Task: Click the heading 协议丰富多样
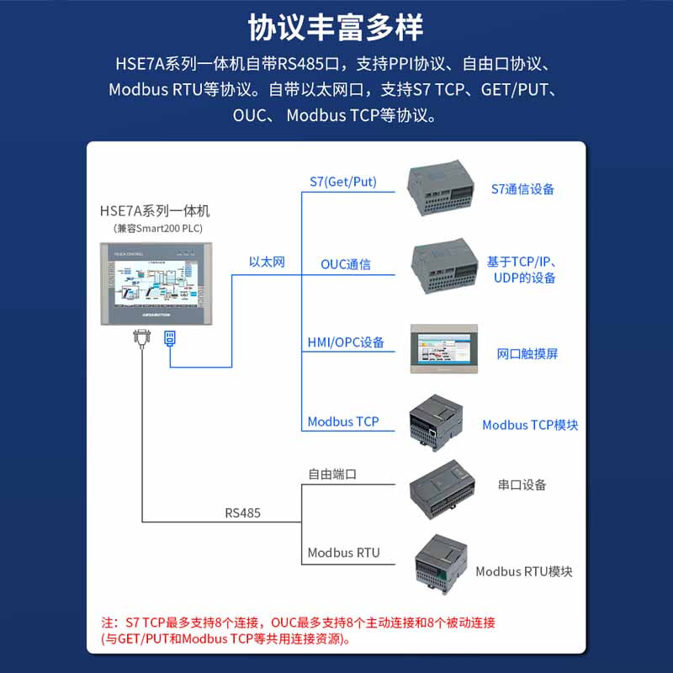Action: click(336, 28)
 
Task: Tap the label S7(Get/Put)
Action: click(342, 182)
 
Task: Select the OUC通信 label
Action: click(345, 264)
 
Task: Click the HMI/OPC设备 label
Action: click(345, 342)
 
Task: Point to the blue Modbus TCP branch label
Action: click(342, 421)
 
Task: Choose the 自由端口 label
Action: click(331, 474)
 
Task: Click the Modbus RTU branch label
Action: click(343, 553)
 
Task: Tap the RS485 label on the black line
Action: click(242, 511)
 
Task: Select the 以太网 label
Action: click(267, 262)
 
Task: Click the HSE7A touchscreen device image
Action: click(157, 284)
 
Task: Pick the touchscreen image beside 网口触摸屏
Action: click(444, 349)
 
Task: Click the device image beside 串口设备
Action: click(442, 485)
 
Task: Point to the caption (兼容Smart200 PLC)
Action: click(157, 228)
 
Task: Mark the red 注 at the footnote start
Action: click(107, 623)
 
